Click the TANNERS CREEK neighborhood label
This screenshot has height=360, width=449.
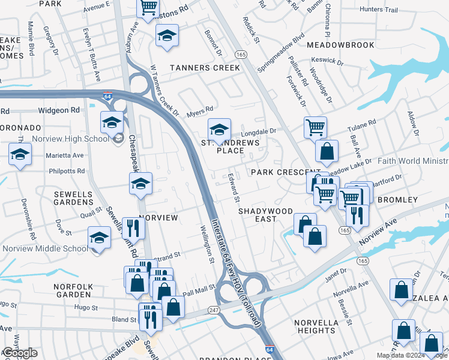[x=205, y=68]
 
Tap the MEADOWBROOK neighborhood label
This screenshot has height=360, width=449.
[x=340, y=45]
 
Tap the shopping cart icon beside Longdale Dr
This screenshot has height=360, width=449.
[x=315, y=127]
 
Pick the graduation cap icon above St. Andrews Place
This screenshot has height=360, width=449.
[x=219, y=129]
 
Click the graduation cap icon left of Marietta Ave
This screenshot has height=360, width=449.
[x=20, y=154]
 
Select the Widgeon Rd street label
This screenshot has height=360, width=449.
[x=59, y=110]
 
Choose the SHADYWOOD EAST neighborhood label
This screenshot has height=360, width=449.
[x=265, y=215]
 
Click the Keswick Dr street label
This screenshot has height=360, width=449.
[x=328, y=62]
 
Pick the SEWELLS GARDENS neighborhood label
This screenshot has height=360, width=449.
[x=73, y=199]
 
